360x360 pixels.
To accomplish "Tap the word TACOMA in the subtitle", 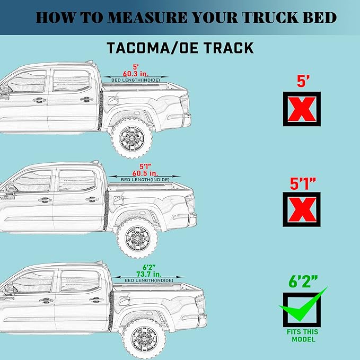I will pos(139,47).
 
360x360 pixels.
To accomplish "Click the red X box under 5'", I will pos(301,109).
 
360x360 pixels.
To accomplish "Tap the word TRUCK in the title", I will pos(272,17).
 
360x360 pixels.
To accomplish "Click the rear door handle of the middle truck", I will pos(92,200).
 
